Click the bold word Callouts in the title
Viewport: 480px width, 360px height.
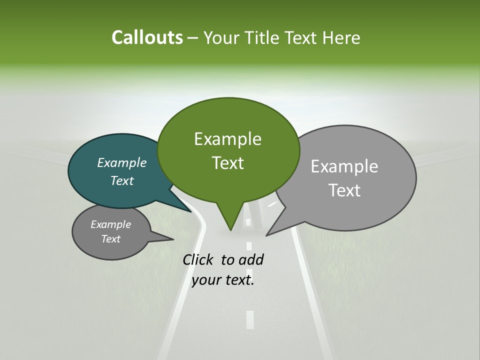pyautogui.click(x=147, y=37)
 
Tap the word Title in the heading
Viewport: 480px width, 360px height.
pyautogui.click(x=263, y=37)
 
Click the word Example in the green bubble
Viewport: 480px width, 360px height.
pyautogui.click(x=227, y=139)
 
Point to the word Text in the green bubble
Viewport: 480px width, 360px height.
pyautogui.click(x=227, y=163)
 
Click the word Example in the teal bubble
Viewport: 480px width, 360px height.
pyautogui.click(x=122, y=162)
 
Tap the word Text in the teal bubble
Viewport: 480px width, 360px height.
pyautogui.click(x=122, y=180)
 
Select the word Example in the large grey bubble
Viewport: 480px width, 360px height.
pyautogui.click(x=344, y=166)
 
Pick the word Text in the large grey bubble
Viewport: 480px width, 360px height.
pyautogui.click(x=344, y=190)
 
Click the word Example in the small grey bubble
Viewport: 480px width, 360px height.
pyautogui.click(x=110, y=224)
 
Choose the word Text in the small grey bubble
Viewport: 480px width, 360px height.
pyautogui.click(x=110, y=239)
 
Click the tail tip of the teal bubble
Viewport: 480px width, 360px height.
pyautogui.click(x=191, y=212)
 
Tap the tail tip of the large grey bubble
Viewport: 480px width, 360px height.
pyautogui.click(x=267, y=235)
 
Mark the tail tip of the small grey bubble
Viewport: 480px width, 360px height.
pyautogui.click(x=173, y=239)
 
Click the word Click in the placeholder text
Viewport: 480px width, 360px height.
pyautogui.click(x=198, y=260)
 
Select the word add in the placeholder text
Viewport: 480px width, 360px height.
pyautogui.click(x=251, y=260)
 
